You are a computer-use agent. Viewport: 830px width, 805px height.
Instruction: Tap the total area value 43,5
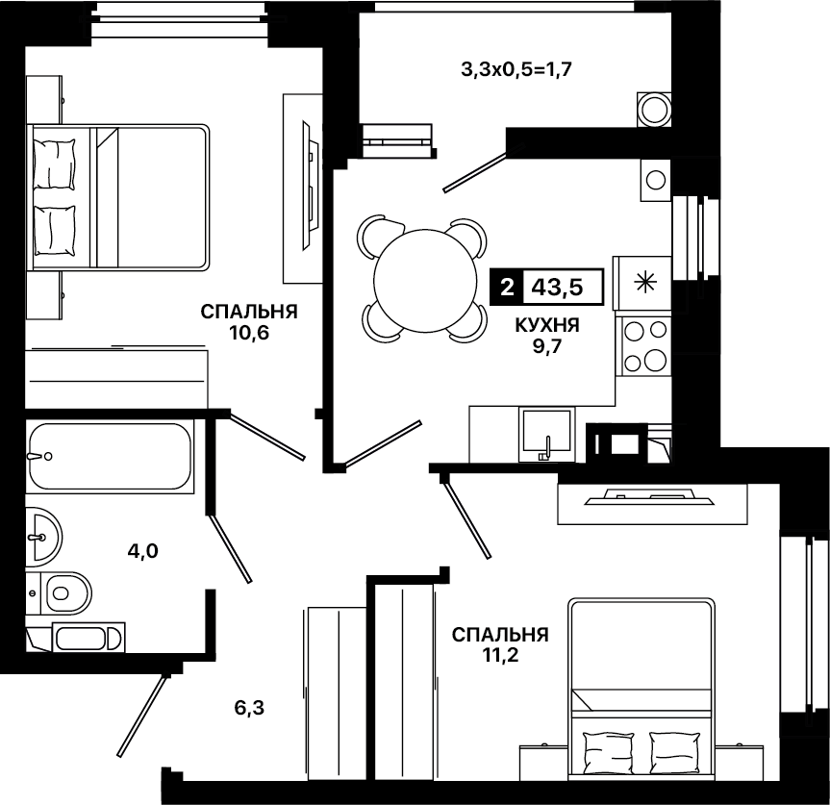click(557, 288)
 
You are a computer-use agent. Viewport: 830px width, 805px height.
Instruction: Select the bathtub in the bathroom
click(110, 456)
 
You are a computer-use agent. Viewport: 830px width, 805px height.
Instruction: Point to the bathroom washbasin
click(44, 537)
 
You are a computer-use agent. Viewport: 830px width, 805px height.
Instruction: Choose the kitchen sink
click(547, 434)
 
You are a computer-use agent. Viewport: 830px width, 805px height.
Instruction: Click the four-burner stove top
click(644, 346)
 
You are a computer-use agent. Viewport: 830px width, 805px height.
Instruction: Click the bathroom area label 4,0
click(143, 551)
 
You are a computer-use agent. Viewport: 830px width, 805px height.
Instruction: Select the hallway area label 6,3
click(249, 708)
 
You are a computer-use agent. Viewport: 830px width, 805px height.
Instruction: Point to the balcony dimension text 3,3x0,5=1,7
click(516, 69)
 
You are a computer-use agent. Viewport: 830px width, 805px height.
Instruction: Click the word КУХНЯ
click(547, 325)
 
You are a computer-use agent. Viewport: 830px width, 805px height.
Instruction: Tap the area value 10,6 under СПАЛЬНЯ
click(249, 333)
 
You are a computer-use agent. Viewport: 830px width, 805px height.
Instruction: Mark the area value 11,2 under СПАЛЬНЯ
click(500, 655)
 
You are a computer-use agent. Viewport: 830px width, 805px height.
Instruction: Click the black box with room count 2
click(507, 288)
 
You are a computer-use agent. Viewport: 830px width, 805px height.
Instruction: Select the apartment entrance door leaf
click(143, 715)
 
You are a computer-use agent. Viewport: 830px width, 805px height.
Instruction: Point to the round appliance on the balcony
click(654, 110)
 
